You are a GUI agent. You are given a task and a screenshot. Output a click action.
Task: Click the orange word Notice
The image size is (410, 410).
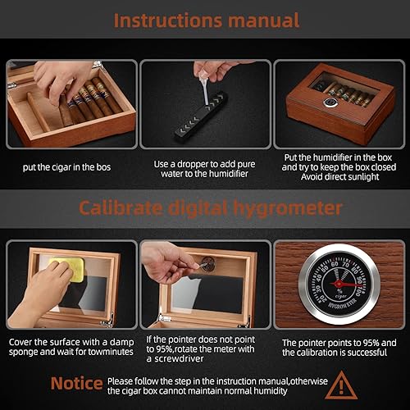click(x=76, y=384)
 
